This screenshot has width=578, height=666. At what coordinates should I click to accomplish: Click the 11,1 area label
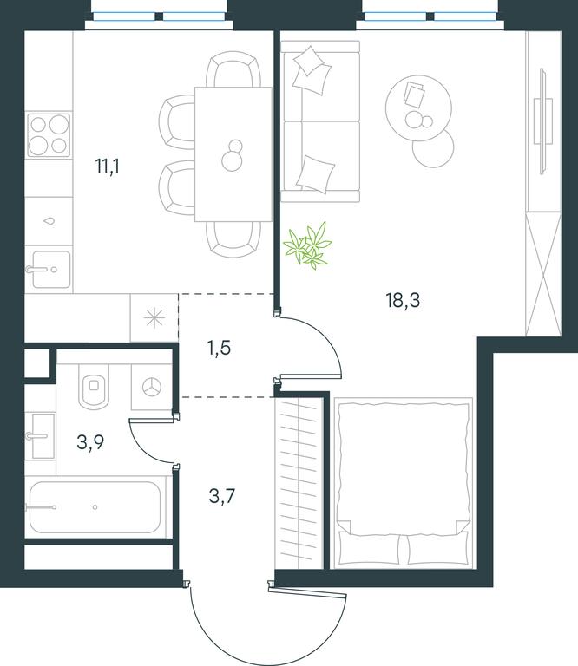(x=108, y=166)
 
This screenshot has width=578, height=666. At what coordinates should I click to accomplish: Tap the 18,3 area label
(x=403, y=300)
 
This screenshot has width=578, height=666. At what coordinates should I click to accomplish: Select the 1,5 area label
(x=219, y=348)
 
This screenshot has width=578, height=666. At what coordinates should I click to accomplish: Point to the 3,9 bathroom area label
(x=90, y=442)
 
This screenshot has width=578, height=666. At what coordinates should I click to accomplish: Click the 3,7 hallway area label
(x=222, y=496)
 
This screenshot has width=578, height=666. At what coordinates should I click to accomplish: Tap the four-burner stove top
(x=49, y=135)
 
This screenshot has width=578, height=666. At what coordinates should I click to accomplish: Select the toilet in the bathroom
(x=94, y=385)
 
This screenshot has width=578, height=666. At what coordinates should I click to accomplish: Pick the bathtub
(x=95, y=507)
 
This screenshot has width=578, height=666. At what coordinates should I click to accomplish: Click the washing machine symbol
(x=152, y=387)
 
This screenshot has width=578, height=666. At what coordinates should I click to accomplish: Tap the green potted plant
(x=308, y=246)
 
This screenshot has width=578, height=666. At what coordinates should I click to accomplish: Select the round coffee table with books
(x=418, y=108)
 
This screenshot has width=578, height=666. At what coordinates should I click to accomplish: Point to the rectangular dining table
(x=233, y=154)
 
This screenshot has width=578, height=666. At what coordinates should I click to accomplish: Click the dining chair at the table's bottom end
(x=233, y=239)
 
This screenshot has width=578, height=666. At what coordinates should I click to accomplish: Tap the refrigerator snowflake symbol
(x=154, y=318)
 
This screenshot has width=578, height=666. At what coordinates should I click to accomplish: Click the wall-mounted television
(x=542, y=121)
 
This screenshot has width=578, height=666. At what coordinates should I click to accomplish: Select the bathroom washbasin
(x=41, y=436)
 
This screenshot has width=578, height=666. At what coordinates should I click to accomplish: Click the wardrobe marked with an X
(x=543, y=274)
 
